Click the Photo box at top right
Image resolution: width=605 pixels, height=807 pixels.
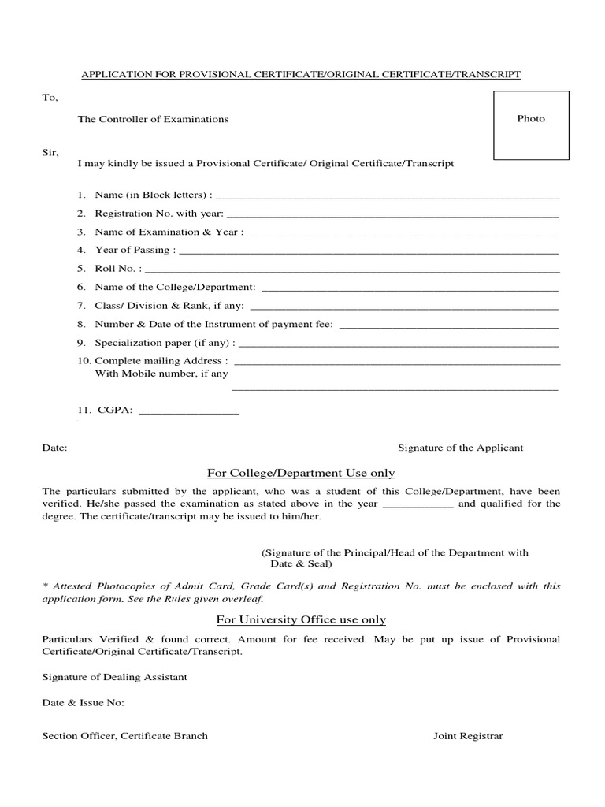(x=530, y=125)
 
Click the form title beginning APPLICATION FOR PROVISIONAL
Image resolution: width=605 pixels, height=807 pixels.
(x=302, y=74)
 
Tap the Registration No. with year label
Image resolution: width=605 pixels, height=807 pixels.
(x=159, y=214)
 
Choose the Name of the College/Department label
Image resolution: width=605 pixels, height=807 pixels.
(x=175, y=287)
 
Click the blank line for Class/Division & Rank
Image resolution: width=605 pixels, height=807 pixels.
(x=403, y=307)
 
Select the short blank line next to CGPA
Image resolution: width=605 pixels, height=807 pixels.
(x=188, y=413)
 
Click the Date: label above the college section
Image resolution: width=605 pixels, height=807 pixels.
(x=54, y=448)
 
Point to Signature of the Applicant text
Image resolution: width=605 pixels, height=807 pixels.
(x=460, y=448)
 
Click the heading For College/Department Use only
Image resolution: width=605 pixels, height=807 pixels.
(x=301, y=473)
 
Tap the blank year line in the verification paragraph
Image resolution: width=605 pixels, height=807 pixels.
(x=418, y=506)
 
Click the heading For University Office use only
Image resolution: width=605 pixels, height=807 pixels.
(x=301, y=620)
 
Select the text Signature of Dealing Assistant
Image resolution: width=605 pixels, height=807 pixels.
(x=114, y=677)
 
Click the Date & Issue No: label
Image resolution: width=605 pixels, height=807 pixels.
(x=83, y=703)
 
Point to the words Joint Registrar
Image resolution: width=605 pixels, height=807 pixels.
(x=468, y=736)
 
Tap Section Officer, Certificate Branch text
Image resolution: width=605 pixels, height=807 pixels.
(x=124, y=736)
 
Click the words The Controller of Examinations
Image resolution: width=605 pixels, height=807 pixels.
(x=153, y=119)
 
